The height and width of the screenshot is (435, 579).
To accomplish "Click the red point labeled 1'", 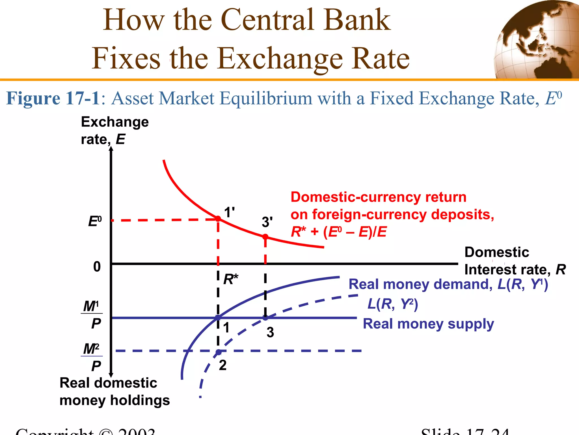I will [x=218, y=219].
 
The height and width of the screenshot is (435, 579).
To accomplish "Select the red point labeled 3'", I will [x=265, y=237].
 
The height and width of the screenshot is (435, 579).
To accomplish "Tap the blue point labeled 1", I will [x=218, y=318].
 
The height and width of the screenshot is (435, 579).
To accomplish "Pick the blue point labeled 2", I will [x=219, y=352].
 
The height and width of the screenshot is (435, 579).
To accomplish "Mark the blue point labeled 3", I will [x=265, y=318].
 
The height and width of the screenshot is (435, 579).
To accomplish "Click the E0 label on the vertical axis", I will [x=95, y=221].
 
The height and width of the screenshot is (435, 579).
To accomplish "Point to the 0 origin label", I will [x=97, y=267].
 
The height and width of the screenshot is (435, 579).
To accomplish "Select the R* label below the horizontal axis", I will [x=231, y=280].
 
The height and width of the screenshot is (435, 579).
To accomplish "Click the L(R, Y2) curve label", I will [x=392, y=304].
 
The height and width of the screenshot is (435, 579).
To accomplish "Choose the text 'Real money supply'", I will [x=428, y=324].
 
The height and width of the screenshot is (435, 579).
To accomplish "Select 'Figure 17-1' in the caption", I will [x=53, y=99].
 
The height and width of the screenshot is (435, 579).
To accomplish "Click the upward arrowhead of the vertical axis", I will [x=111, y=149].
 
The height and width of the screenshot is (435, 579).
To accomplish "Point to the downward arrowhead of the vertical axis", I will [x=111, y=375].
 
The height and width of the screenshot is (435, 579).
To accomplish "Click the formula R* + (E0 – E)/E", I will [x=339, y=232].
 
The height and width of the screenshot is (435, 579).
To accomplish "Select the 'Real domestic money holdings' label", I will [x=114, y=391].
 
